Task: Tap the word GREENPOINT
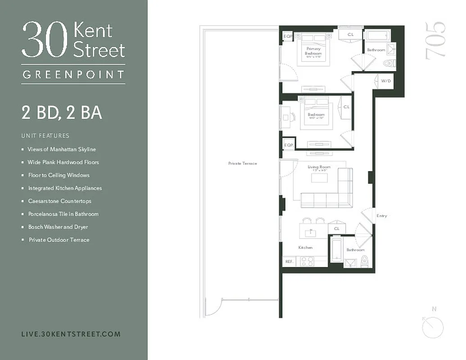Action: [x=73, y=75]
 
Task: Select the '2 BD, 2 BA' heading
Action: [x=62, y=112]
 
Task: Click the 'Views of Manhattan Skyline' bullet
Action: [x=62, y=149]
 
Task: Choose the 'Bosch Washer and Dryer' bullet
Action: [x=58, y=227]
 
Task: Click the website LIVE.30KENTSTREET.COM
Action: [x=71, y=334]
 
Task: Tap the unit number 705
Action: [x=435, y=41]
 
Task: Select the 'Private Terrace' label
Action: [x=242, y=163]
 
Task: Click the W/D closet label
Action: [x=386, y=81]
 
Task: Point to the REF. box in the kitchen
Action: [x=289, y=261]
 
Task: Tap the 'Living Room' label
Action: [x=319, y=167]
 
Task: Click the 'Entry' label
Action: [x=381, y=216]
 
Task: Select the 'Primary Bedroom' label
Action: [x=313, y=51]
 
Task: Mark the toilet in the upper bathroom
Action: [x=388, y=63]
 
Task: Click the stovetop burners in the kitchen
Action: [x=307, y=261]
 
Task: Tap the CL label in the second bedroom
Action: [x=346, y=107]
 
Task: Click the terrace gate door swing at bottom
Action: [x=213, y=308]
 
